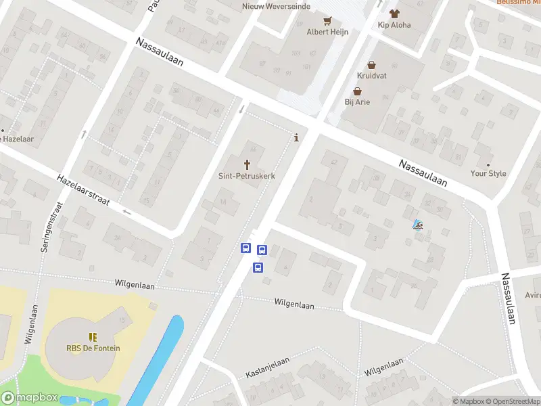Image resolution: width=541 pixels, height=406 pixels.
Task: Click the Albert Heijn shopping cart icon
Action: [328, 21]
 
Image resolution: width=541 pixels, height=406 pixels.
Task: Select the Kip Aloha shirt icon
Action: [394, 14]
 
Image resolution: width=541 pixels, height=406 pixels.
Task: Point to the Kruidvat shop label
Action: [372, 76]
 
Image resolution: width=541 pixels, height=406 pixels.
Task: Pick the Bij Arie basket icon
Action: [358, 91]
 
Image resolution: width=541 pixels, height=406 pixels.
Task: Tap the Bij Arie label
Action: [358, 102]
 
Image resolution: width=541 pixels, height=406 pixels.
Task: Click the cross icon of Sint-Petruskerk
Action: [247, 164]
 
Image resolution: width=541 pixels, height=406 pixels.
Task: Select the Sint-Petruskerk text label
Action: [246, 175]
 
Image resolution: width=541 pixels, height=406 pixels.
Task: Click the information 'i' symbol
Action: [296, 138]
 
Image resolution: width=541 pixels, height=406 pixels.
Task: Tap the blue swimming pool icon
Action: [418, 225]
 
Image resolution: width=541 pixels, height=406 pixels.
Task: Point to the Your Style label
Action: [488, 174]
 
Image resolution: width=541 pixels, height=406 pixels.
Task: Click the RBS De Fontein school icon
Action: [93, 337]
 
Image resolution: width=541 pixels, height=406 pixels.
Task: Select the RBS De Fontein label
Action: [93, 348]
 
